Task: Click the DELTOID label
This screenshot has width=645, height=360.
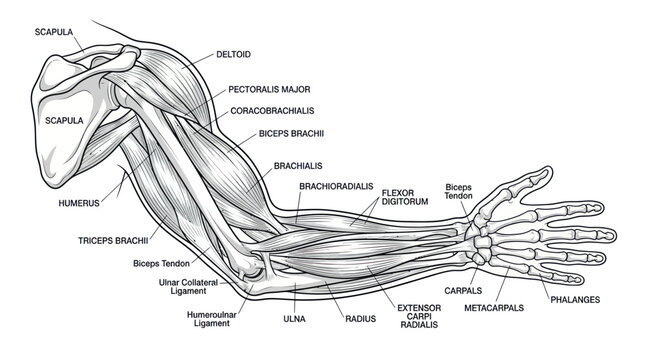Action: click(x=233, y=54)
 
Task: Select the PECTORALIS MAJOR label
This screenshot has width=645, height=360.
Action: click(x=269, y=89)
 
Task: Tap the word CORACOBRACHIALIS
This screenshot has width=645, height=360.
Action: click(x=272, y=111)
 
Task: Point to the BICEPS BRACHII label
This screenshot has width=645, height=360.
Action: click(x=291, y=134)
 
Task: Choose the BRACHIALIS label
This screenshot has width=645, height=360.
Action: click(x=298, y=166)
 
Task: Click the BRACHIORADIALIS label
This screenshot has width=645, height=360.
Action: click(x=336, y=186)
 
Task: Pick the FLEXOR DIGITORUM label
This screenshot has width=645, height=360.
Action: click(x=405, y=197)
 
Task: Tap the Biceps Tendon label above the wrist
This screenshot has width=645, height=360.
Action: click(x=458, y=191)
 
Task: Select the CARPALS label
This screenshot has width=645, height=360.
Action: click(x=463, y=291)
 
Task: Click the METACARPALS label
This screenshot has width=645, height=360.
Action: click(x=494, y=308)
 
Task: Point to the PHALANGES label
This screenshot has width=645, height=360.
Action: click(x=575, y=300)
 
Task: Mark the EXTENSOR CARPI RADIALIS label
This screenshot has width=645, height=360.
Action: click(x=419, y=316)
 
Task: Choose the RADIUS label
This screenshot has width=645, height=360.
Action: click(x=360, y=319)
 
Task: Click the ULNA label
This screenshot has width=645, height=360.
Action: click(x=294, y=319)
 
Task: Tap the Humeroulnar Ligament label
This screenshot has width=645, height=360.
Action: click(x=212, y=319)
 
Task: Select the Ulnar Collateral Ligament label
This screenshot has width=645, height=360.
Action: click(x=188, y=287)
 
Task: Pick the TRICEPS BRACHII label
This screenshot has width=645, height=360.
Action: click(x=113, y=241)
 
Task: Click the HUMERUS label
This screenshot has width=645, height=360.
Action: click(x=79, y=203)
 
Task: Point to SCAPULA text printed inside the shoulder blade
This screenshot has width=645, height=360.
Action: click(x=64, y=121)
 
